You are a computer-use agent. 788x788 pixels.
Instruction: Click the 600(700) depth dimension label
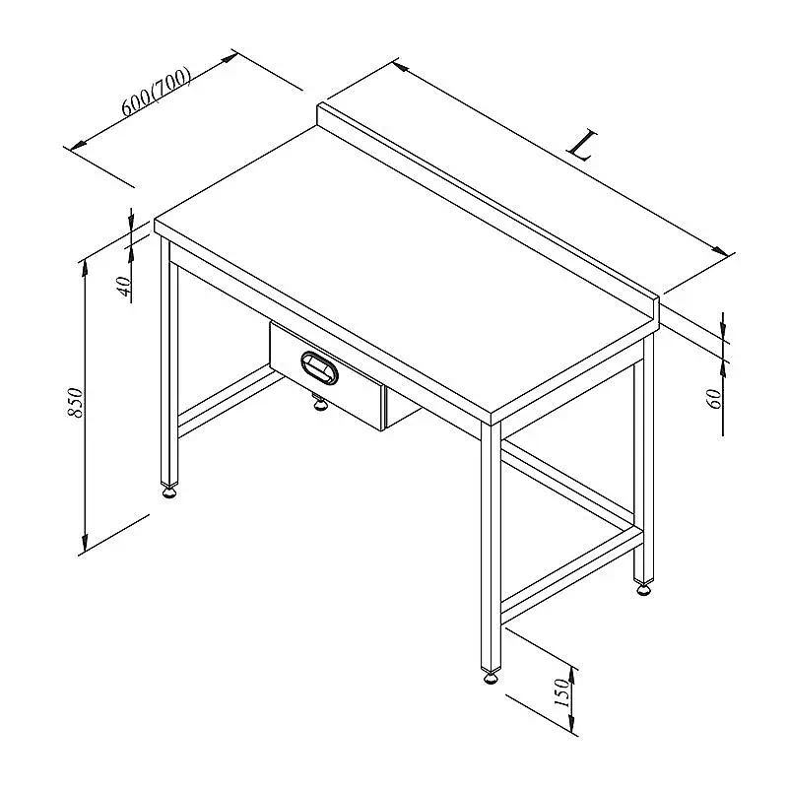[157, 91]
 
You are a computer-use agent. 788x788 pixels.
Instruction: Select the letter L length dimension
[582, 146]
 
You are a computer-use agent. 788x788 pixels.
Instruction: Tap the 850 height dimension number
[76, 403]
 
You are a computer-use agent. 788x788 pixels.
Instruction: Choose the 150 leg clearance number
[562, 692]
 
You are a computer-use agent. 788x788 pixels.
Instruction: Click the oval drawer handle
[319, 367]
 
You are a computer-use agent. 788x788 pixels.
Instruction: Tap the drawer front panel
[327, 376]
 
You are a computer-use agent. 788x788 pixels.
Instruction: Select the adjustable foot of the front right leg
[491, 678]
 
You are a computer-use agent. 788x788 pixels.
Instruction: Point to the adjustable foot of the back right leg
[644, 588]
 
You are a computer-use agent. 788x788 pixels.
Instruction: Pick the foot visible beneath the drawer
[319, 403]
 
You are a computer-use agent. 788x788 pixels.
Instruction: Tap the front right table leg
[491, 547]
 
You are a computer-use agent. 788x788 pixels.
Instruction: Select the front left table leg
[168, 361]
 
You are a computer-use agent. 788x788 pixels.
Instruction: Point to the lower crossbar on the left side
[229, 401]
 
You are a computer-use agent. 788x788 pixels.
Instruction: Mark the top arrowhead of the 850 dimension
[85, 268]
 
